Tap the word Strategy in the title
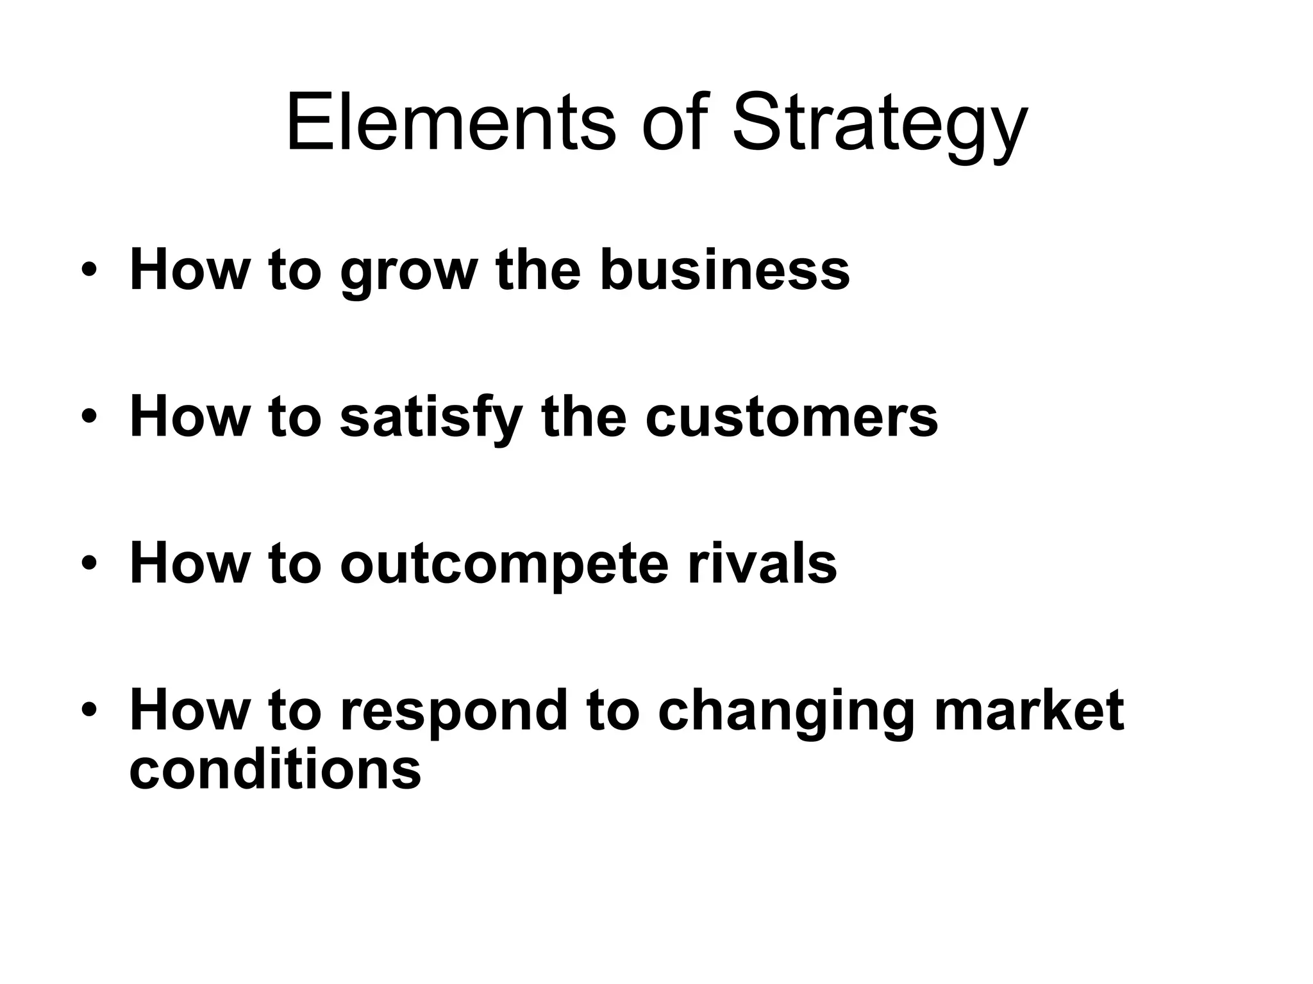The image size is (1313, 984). pyautogui.click(x=879, y=125)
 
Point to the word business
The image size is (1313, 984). pyautogui.click(x=724, y=269)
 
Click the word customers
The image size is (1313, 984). pyautogui.click(x=791, y=418)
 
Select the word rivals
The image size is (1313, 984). pyautogui.click(x=762, y=563)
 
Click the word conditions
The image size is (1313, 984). pyautogui.click(x=275, y=768)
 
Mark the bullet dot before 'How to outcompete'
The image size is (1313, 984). pyautogui.click(x=89, y=563)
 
